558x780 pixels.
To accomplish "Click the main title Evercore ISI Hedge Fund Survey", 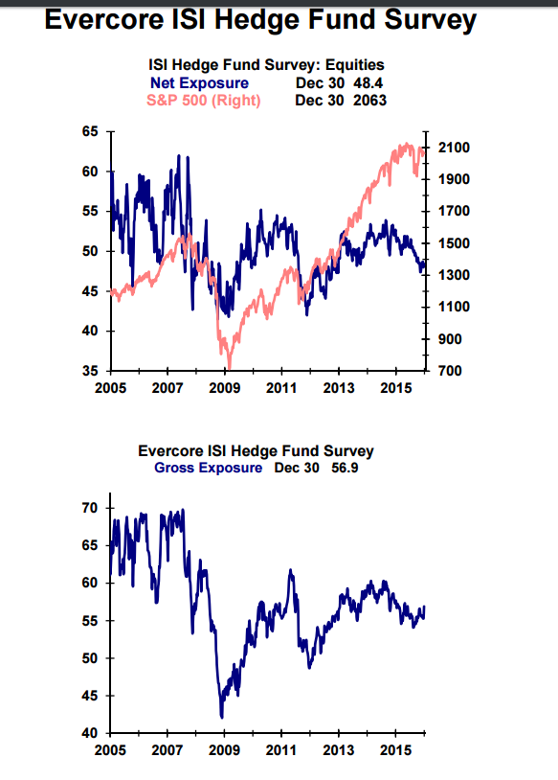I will (260, 20).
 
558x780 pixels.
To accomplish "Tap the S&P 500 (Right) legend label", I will (203, 100).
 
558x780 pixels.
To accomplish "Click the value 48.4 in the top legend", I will (368, 83).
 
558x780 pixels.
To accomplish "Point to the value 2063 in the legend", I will (369, 100).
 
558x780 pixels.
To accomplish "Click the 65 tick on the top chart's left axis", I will (89, 131).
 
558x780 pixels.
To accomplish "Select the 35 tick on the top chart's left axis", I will (89, 371).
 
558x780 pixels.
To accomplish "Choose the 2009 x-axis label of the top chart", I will (225, 388).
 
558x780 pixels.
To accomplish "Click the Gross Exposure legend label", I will (208, 468).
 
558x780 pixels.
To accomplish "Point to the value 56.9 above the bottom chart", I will (342, 468).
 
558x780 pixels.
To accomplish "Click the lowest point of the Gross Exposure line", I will (222, 717).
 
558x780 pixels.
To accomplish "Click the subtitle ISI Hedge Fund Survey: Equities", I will (267, 65).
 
